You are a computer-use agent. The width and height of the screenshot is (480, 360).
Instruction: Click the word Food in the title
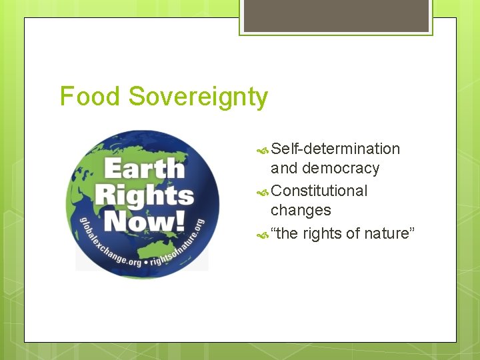pos(91,97)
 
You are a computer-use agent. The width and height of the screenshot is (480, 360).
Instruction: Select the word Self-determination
pos(335,149)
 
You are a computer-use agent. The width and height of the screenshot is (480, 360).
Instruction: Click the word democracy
pos(341,169)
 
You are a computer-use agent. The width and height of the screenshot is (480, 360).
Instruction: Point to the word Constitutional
pos(319,191)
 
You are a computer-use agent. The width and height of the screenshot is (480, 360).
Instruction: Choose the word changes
pos(301,211)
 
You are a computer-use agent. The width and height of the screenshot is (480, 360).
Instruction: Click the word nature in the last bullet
pos(391,233)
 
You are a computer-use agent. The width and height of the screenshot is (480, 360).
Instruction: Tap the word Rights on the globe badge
pos(144,195)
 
